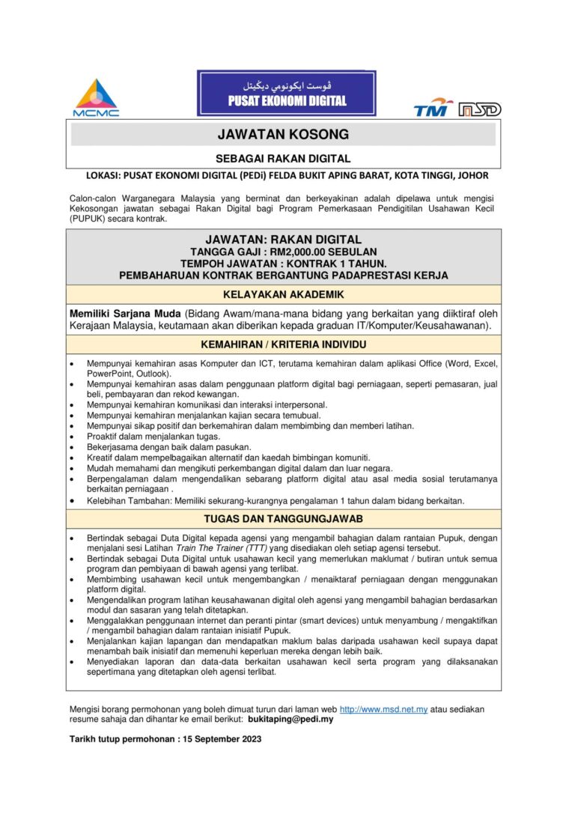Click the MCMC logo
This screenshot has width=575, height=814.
coord(96,98)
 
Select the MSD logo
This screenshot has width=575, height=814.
coord(480,109)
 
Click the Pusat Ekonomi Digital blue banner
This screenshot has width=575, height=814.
coord(287,94)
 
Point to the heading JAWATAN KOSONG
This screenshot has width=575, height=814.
coord(283,135)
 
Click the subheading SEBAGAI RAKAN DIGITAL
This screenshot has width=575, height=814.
coord(283,158)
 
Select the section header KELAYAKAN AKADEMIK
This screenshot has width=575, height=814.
coord(283,295)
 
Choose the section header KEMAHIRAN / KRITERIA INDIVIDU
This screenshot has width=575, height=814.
coord(283,345)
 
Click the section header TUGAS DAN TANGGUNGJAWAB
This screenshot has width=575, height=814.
coord(283,518)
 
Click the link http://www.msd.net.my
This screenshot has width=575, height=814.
coord(383,708)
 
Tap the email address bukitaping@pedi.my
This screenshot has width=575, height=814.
coord(291,719)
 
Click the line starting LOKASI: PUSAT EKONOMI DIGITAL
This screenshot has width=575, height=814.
coord(287,176)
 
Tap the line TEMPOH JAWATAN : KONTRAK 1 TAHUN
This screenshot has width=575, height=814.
coord(283,264)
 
